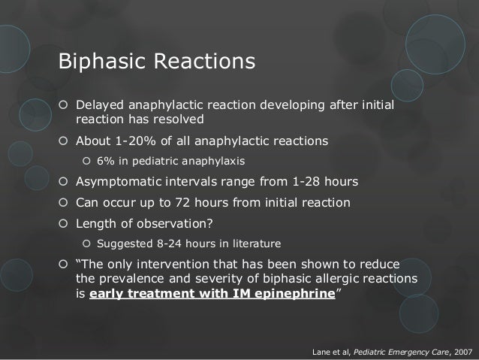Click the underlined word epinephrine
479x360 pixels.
click(x=295, y=294)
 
